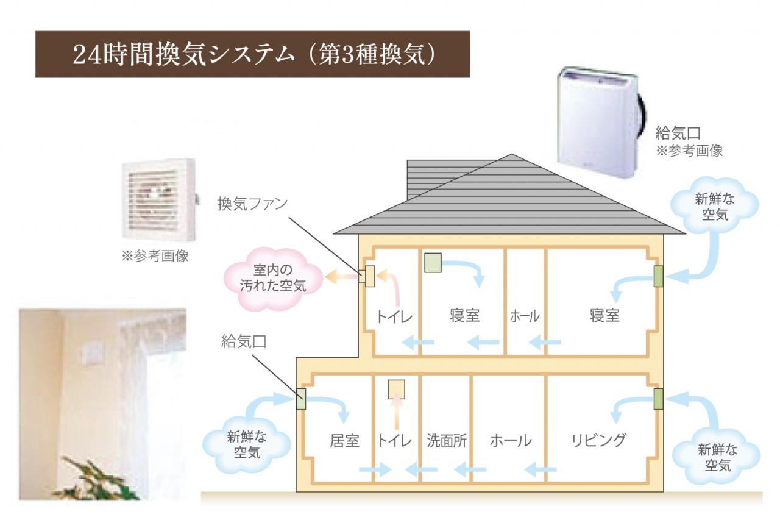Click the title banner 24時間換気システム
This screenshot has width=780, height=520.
pyautogui.click(x=252, y=54)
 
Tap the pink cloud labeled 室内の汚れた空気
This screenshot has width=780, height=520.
pyautogui.click(x=273, y=278)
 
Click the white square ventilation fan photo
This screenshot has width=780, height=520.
pyautogui.click(x=158, y=198)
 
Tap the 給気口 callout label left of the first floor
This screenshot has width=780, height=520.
pyautogui.click(x=243, y=341)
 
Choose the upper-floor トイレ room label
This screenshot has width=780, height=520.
pyautogui.click(x=394, y=316)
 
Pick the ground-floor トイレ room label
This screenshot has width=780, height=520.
pyautogui.click(x=394, y=441)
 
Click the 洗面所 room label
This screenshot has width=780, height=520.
pyautogui.click(x=446, y=441)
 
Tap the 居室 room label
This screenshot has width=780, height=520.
pyautogui.click(x=344, y=441)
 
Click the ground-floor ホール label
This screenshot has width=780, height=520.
pyautogui.click(x=511, y=441)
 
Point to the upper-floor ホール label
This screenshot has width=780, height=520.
pyautogui.click(x=525, y=316)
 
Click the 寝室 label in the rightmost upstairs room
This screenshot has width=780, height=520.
pyautogui.click(x=604, y=316)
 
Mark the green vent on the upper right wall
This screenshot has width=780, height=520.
pyautogui.click(x=658, y=277)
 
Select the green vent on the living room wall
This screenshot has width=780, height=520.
pyautogui.click(x=658, y=399)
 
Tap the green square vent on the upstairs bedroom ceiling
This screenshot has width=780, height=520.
pyautogui.click(x=433, y=263)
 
